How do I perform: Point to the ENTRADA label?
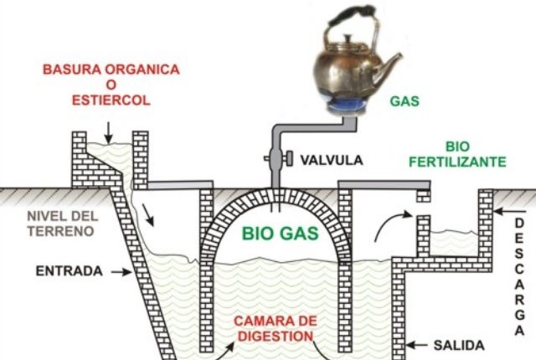[70, 271]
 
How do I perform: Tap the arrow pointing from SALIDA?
[420, 344]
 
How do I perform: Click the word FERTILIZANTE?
[458, 162]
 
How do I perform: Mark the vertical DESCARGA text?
[519, 275]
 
